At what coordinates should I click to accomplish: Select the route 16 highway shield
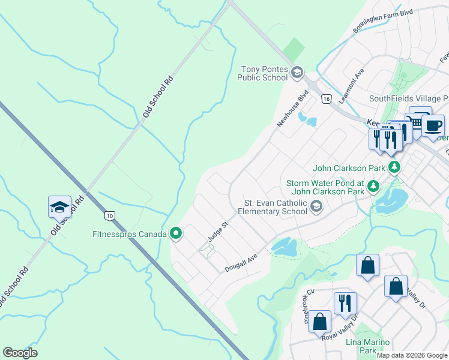326,98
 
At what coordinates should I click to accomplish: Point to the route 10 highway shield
109,215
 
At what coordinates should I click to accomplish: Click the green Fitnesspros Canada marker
176,233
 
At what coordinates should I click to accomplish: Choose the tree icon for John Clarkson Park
395,167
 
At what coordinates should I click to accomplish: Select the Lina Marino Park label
369,346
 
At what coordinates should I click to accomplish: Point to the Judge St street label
218,232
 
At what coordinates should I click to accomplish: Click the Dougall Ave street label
241,262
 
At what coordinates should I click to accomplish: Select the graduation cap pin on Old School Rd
59,208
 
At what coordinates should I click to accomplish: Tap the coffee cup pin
432,126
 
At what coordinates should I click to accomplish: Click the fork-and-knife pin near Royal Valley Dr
345,304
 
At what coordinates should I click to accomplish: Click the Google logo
20,353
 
